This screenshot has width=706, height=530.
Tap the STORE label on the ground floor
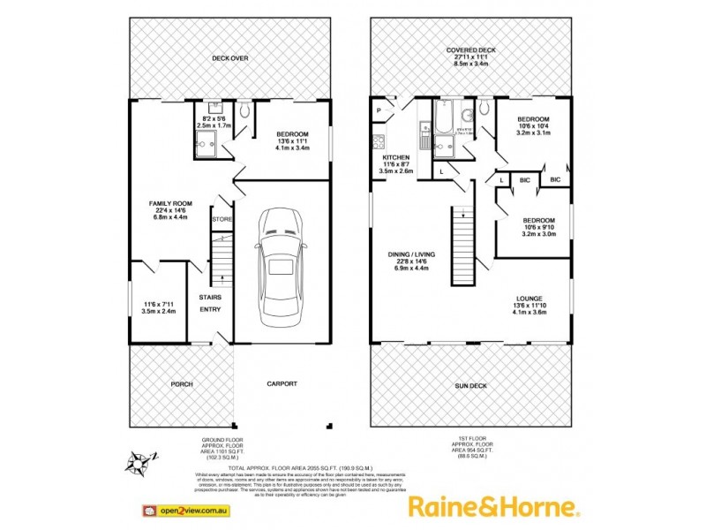(221, 218)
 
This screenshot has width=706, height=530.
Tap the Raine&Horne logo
(492, 507)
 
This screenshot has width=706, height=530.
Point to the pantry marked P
(379, 110)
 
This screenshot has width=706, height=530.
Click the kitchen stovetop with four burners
(379, 140)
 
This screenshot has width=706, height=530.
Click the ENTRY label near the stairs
(210, 309)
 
